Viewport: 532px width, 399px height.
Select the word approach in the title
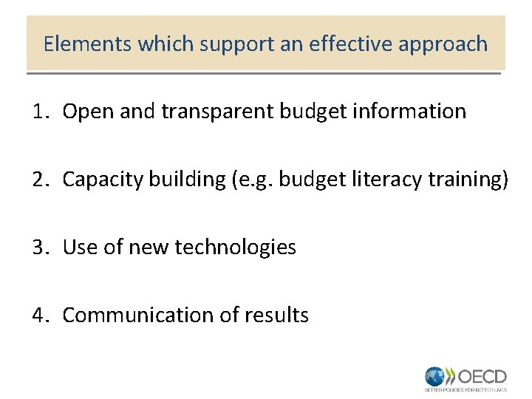tap(443, 44)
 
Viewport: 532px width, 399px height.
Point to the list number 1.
tap(39, 112)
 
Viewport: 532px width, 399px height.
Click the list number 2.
tap(39, 180)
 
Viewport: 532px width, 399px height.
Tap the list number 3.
tap(39, 248)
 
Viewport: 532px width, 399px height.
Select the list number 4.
tap(39, 316)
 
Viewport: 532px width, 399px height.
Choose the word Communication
tap(138, 316)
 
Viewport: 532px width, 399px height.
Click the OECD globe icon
tap(435, 375)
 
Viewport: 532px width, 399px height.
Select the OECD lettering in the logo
tap(482, 375)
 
